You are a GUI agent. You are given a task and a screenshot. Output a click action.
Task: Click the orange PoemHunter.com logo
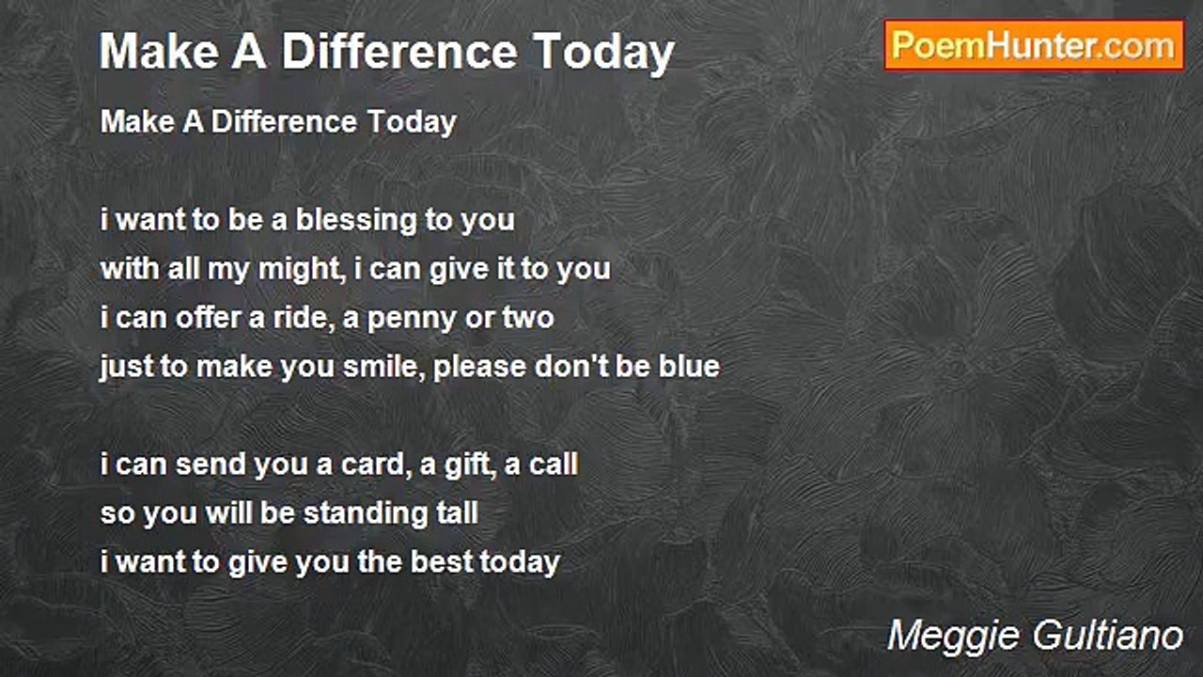pos(1034,46)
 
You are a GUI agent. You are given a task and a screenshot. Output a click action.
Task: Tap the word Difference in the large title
pos(399,52)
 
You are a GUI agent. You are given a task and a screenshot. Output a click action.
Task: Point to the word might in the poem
pos(302,269)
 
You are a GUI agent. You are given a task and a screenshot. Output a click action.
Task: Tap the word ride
pos(303,317)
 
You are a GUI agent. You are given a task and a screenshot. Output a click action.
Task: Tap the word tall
pos(457,513)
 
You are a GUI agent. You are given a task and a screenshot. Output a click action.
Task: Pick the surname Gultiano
pos(1108,636)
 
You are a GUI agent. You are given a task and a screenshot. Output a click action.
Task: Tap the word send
pos(210,464)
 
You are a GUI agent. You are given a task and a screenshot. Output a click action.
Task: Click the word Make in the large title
pos(160,52)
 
